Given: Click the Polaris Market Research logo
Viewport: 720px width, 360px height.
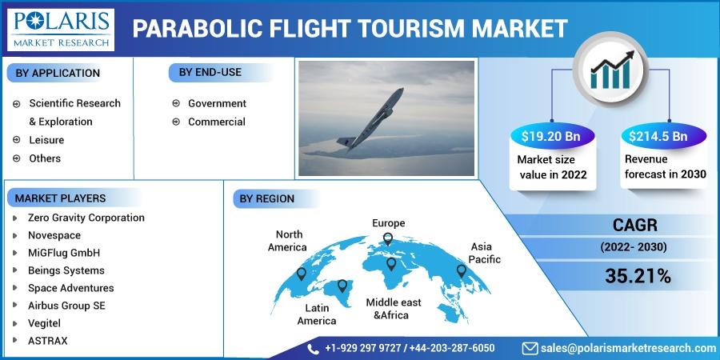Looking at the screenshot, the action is pyautogui.click(x=61, y=29).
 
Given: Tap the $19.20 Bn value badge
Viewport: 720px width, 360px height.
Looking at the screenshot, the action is pyautogui.click(x=551, y=136).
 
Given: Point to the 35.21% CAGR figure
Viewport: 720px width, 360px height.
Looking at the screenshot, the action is pyautogui.click(x=638, y=276).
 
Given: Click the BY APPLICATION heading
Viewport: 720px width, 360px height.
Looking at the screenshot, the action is pyautogui.click(x=58, y=74).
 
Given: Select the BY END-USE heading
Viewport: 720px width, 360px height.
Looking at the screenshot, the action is pyautogui.click(x=210, y=72).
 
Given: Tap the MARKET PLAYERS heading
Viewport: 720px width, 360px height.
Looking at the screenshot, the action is pyautogui.click(x=60, y=198).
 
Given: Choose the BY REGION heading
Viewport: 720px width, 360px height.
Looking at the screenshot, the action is pyautogui.click(x=266, y=199).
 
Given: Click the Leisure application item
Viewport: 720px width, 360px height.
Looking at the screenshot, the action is pyautogui.click(x=46, y=140).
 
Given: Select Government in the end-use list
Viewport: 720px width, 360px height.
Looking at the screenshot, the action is pyautogui.click(x=217, y=104).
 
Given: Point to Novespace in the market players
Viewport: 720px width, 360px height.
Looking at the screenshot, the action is pyautogui.click(x=54, y=235).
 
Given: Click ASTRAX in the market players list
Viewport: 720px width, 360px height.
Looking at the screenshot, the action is pyautogui.click(x=47, y=341).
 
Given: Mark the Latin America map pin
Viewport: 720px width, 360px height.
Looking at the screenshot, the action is pyautogui.click(x=342, y=286).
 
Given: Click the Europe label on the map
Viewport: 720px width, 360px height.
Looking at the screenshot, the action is pyautogui.click(x=389, y=223).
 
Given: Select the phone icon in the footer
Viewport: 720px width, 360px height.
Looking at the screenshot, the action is pyautogui.click(x=314, y=349).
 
